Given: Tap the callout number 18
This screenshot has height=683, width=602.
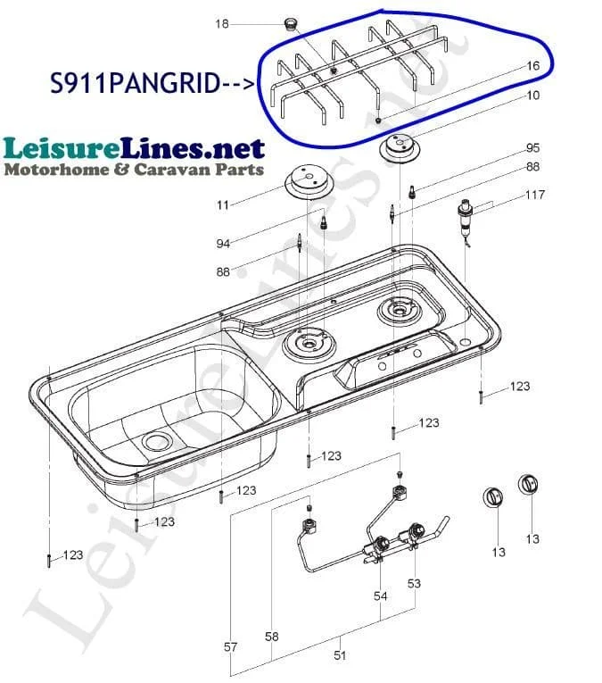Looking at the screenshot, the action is pyautogui.click(x=222, y=23).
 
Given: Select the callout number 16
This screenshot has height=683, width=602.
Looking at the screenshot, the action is pyautogui.click(x=532, y=66).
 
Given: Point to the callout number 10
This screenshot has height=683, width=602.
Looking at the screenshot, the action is pyautogui.click(x=532, y=95).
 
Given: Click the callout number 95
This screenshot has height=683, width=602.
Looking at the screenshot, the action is pyautogui.click(x=532, y=147).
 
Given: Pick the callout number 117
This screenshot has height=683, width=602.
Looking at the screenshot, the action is pyautogui.click(x=534, y=195).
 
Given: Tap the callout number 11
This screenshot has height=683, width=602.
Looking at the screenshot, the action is pyautogui.click(x=223, y=204).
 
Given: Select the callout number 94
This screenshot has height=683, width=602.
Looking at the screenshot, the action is pyautogui.click(x=223, y=244).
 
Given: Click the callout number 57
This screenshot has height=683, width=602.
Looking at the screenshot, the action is pyautogui.click(x=230, y=647).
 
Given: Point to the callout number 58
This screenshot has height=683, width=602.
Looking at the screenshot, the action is pyautogui.click(x=271, y=637).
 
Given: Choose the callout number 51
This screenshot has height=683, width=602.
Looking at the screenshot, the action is pyautogui.click(x=340, y=655).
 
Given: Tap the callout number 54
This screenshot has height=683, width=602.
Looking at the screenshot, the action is pyautogui.click(x=380, y=596).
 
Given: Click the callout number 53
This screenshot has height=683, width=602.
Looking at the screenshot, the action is pyautogui.click(x=414, y=583).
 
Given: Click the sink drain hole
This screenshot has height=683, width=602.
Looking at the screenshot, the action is pyautogui.click(x=157, y=442).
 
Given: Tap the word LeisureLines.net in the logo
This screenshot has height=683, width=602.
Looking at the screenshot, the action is pyautogui.click(x=134, y=148).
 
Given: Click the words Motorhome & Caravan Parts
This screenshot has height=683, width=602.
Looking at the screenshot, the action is pyautogui.click(x=134, y=170).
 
